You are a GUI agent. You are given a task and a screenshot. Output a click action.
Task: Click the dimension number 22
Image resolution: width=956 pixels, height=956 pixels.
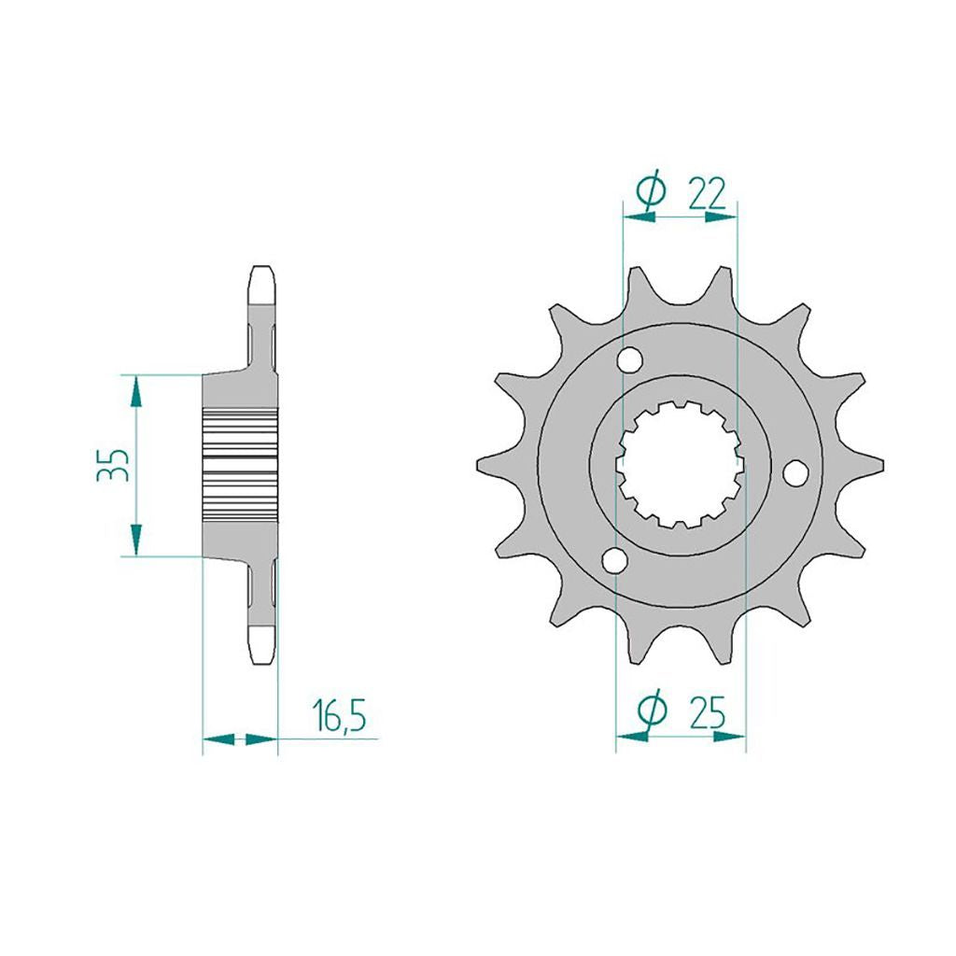pyautogui.click(x=708, y=194)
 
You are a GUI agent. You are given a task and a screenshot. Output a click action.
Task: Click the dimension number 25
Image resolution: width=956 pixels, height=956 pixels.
pyautogui.click(x=708, y=712)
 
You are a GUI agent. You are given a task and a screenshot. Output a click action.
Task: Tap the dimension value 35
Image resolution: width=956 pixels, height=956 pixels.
pyautogui.click(x=113, y=465)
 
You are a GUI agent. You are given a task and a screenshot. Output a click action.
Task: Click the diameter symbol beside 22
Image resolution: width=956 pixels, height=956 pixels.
pyautogui.click(x=650, y=190)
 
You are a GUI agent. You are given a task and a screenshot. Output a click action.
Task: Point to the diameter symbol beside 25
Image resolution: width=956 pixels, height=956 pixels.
pyautogui.click(x=651, y=710)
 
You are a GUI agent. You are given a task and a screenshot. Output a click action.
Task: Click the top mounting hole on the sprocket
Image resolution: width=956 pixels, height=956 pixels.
pyautogui.click(x=629, y=359)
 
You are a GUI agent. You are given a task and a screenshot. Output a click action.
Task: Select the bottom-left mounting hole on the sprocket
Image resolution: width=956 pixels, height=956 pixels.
pyautogui.click(x=614, y=560)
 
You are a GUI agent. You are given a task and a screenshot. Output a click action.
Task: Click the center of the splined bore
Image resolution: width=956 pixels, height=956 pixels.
pyautogui.click(x=681, y=465)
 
